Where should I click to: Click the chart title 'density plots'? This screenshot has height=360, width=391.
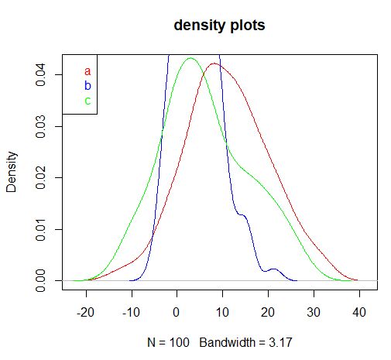click(x=219, y=26)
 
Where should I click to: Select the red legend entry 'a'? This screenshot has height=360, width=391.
click(x=87, y=71)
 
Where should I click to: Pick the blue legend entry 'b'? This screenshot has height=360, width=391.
click(x=87, y=85)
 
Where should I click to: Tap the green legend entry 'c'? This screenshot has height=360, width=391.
click(x=87, y=100)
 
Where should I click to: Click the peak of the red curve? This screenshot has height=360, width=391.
click(x=213, y=63)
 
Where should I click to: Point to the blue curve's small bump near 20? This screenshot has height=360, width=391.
click(x=273, y=269)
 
